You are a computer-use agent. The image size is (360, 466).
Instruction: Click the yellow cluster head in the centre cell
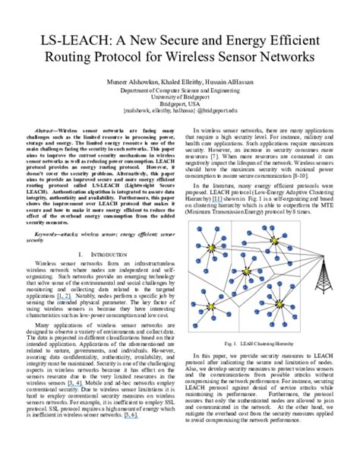click(x=247, y=271)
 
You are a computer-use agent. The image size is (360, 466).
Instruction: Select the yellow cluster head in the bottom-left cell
click(x=212, y=306)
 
